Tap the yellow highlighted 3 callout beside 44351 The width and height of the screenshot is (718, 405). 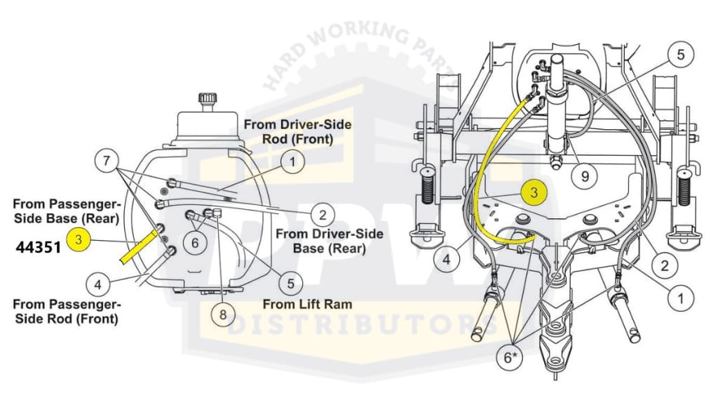(x=79, y=240)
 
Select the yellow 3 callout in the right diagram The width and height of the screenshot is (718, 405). (x=534, y=192)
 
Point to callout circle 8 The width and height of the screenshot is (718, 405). (x=223, y=315)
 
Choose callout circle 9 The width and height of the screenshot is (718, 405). (x=585, y=176)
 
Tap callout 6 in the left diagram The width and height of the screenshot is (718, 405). (x=195, y=243)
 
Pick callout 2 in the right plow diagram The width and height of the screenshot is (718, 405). (x=665, y=265)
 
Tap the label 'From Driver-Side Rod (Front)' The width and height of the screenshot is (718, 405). (x=297, y=131)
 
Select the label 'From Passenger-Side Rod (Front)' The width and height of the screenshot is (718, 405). (x=67, y=312)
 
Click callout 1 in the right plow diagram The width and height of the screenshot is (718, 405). (x=679, y=300)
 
